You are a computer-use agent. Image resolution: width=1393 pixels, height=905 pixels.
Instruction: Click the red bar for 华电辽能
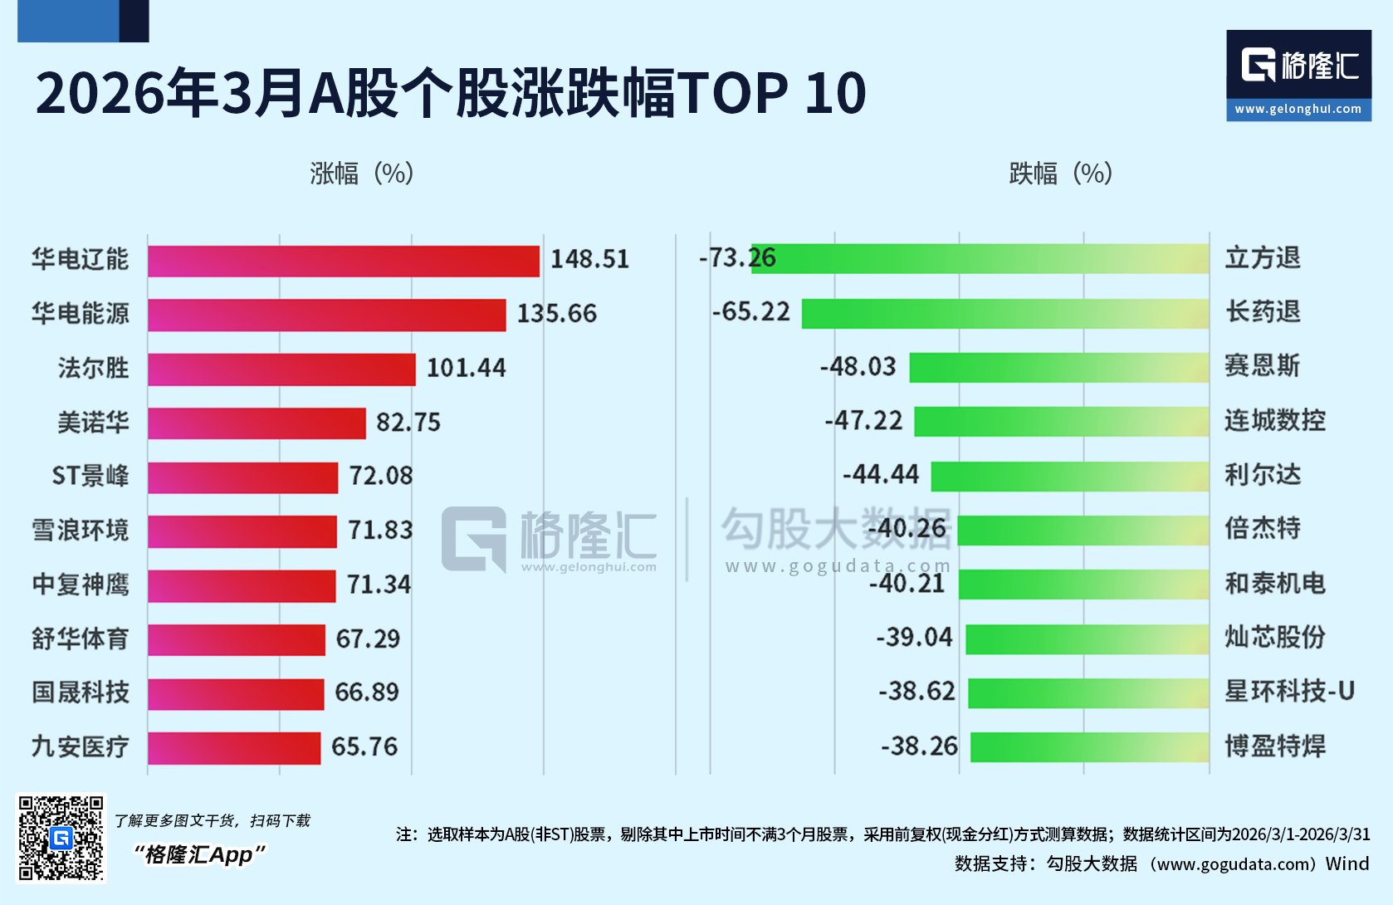tap(344, 262)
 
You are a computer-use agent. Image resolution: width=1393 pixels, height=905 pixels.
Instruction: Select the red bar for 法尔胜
tap(281, 369)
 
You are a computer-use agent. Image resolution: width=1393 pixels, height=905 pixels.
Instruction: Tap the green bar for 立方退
tap(980, 259)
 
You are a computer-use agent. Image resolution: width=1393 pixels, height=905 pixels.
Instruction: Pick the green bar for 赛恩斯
tap(1059, 367)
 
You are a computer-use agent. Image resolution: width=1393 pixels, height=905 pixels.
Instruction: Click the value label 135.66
tap(556, 313)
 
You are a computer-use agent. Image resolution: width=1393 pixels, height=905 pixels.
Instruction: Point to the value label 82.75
tap(408, 423)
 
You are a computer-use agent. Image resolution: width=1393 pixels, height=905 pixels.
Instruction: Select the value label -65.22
tap(750, 311)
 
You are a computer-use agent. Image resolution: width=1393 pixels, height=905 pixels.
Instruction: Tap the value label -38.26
tap(919, 746)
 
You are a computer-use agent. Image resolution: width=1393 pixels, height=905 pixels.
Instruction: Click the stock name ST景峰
tap(90, 476)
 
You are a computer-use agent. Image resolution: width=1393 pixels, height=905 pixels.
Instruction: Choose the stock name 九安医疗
tap(81, 746)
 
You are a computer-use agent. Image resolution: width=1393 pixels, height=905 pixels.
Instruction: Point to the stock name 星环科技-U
tap(1289, 691)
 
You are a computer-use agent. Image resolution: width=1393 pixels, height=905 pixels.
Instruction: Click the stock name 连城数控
tap(1275, 420)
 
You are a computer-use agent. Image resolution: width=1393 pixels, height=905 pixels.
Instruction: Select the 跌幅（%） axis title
tap(1061, 174)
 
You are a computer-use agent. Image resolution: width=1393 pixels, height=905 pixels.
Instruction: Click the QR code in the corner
tap(61, 838)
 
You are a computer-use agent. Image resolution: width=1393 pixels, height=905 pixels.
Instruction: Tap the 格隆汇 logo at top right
tap(1299, 65)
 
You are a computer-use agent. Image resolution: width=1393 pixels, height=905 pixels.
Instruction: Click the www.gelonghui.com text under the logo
tap(1298, 110)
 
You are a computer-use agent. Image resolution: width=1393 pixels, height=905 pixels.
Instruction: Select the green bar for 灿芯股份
tap(1088, 638)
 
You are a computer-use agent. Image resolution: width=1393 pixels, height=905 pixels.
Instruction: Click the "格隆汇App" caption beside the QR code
tap(199, 854)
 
